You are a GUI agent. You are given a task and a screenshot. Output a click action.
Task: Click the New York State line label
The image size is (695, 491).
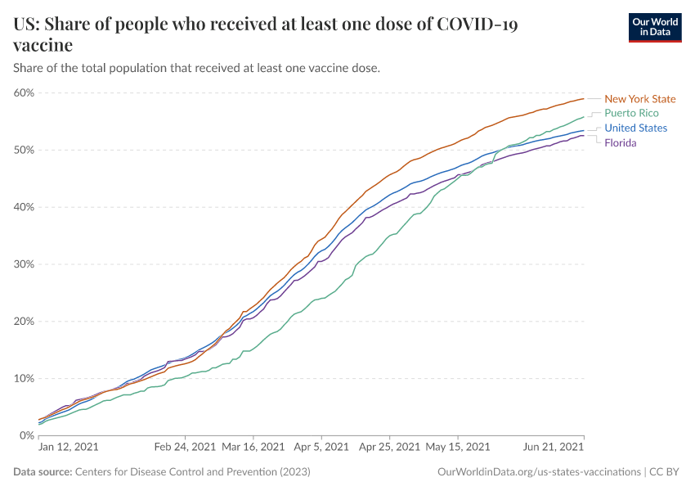tap(639, 99)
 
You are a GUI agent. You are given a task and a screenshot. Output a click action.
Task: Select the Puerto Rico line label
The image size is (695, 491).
tap(631, 113)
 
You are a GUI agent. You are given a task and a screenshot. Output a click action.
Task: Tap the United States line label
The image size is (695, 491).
tap(635, 128)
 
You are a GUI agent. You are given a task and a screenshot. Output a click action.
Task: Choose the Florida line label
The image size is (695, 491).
tap(620, 142)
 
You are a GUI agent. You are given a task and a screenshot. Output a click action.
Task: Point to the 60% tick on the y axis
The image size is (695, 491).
tap(24, 92)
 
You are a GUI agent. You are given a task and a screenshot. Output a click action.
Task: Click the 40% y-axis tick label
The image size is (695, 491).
tap(24, 207)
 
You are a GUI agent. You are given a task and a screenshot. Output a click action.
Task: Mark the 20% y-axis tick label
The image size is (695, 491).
tap(24, 322)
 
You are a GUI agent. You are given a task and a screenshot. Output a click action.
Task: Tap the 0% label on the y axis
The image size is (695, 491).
tap(26, 435)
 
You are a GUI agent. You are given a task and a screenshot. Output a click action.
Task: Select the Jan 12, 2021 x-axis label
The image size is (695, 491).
tap(69, 448)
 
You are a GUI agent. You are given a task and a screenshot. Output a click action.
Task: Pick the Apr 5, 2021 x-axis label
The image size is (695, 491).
tap(320, 448)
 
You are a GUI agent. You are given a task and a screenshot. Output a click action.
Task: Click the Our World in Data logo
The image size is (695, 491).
tap(655, 27)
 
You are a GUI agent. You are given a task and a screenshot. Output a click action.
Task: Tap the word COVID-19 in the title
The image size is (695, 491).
tap(478, 25)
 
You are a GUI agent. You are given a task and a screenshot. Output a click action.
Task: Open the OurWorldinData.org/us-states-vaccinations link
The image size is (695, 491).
tap(539, 472)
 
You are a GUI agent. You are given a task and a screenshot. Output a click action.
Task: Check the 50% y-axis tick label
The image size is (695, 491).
tap(24, 150)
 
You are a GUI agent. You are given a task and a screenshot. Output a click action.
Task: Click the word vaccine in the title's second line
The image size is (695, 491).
tap(43, 45)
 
